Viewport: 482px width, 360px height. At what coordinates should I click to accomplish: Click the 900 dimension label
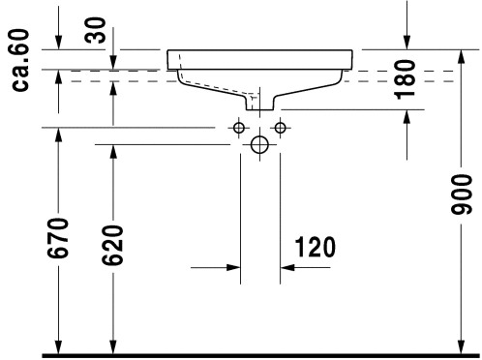point(462,195)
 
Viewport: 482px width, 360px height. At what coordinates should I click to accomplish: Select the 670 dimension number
point(58,238)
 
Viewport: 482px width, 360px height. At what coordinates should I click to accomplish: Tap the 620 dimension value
point(112,245)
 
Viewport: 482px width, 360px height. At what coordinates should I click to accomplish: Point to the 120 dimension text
point(316,247)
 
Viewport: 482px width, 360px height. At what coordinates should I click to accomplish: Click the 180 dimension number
point(405,79)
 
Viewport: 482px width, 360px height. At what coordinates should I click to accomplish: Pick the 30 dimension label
point(95,31)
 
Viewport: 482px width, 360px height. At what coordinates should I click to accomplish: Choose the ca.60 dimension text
point(21,60)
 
